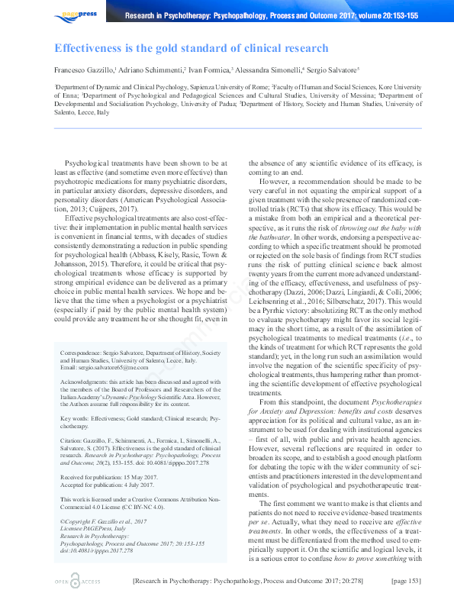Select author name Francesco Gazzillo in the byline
pos(86,69)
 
